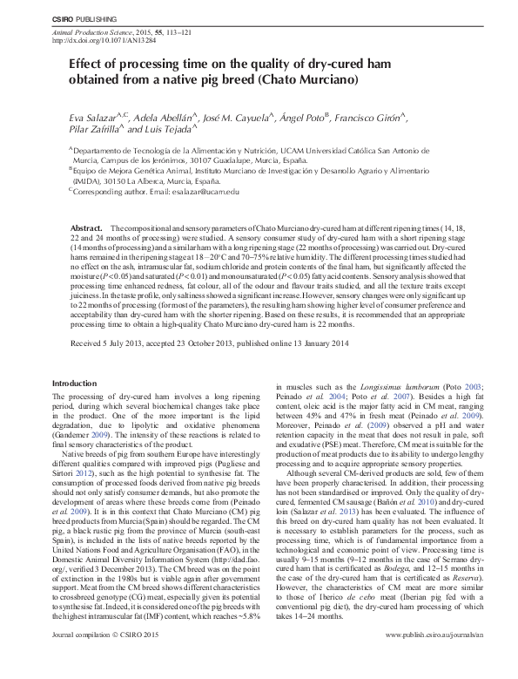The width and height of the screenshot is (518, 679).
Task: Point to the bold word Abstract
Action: (x=88, y=226)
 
